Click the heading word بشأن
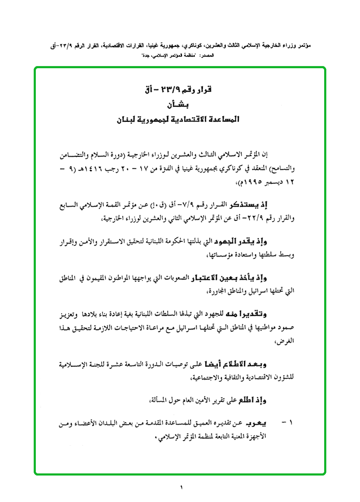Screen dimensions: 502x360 (179, 105)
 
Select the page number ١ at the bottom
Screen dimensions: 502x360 (181, 487)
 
